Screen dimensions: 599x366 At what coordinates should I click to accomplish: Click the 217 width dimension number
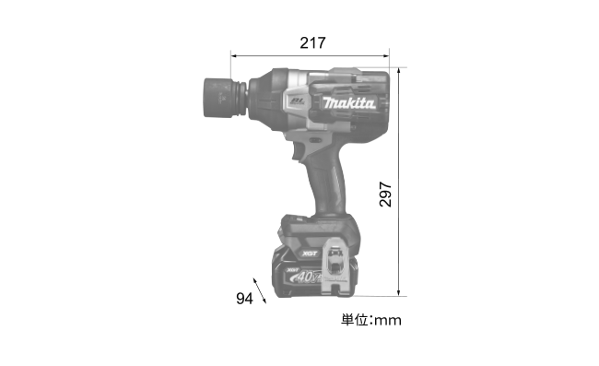coord(312,42)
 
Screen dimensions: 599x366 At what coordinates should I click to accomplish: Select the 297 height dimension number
coord(385,195)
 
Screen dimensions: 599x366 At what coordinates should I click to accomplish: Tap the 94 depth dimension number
coord(244,299)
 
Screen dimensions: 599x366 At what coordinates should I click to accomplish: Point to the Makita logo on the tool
coord(348,102)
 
